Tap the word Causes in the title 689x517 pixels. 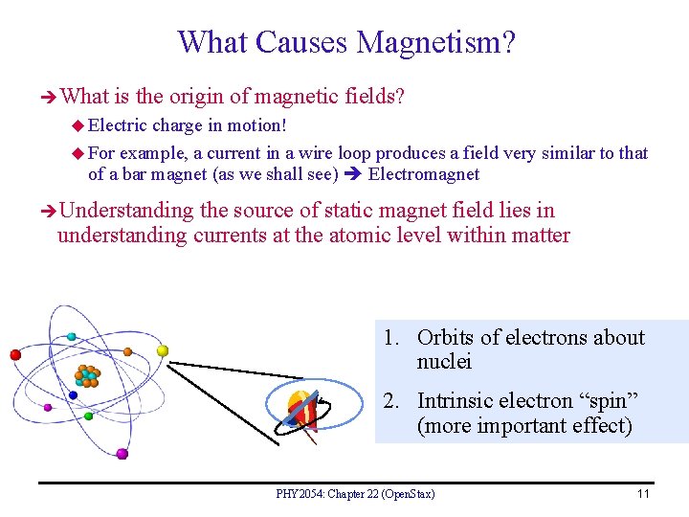pos(303,42)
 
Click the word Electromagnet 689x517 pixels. pos(423,174)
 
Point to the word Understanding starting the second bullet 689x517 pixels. pos(126,211)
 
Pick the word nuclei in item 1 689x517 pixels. pos(444,362)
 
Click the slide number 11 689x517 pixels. pos(643,494)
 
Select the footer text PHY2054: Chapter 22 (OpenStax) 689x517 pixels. pos(355,494)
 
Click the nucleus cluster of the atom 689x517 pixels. pos(89,374)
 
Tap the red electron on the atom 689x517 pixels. pos(15,354)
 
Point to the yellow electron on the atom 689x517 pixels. pos(163,350)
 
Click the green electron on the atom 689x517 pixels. pos(89,416)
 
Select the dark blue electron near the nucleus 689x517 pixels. pos(74,393)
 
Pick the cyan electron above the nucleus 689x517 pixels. pos(71,336)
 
